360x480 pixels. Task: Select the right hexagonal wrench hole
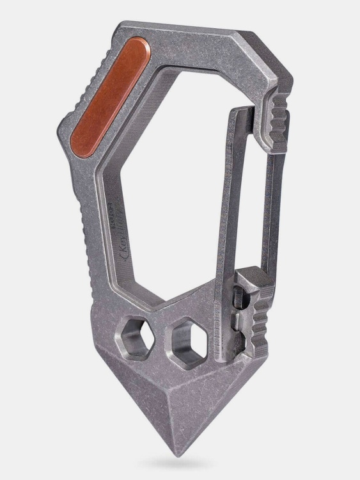(x=186, y=334)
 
